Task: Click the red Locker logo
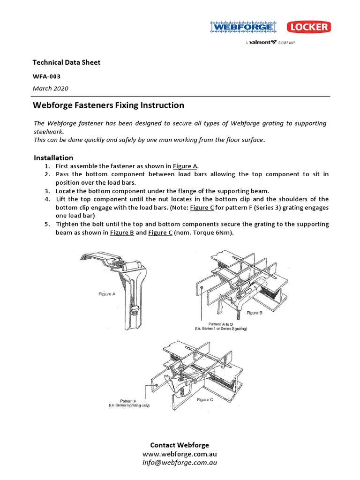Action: point(308,27)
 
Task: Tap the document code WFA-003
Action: point(46,76)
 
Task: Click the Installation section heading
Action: point(53,157)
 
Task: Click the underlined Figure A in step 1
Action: point(185,166)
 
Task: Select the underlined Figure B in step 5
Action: point(122,232)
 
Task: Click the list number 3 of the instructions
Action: point(47,191)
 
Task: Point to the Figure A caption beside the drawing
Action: point(105,294)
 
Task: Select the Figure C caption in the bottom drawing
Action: point(205,399)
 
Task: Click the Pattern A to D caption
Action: point(221,324)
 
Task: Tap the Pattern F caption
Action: point(128,401)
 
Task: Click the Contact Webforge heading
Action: point(180,445)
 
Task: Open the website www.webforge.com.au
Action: point(180,454)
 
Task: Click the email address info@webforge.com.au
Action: point(180,463)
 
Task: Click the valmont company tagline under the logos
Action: point(270,43)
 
